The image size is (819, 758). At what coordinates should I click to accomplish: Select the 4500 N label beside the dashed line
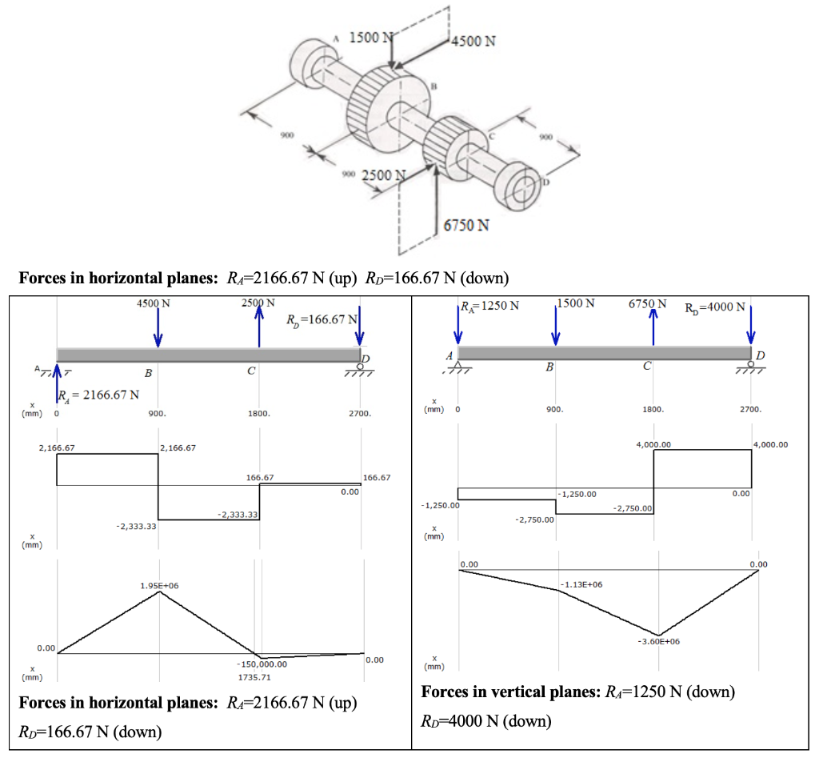click(x=473, y=41)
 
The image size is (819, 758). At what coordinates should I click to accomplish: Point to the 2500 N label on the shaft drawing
click(x=385, y=175)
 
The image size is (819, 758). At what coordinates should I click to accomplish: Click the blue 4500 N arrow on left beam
click(x=158, y=328)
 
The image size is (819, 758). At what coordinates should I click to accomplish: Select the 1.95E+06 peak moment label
click(x=159, y=585)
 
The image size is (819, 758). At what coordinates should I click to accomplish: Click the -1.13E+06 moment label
click(x=581, y=584)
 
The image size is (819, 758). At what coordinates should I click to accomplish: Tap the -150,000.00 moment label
click(x=262, y=664)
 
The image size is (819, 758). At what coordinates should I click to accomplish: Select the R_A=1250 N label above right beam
click(x=490, y=305)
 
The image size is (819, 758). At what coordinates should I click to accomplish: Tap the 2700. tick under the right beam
click(x=751, y=408)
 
